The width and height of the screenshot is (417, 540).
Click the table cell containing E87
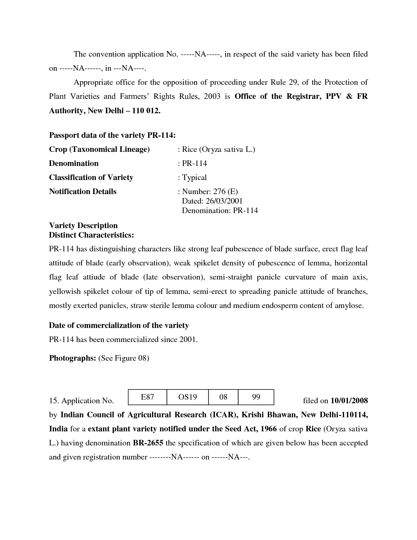148,397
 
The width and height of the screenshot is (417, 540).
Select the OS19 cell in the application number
187,397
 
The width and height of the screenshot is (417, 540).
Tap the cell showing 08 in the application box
223,397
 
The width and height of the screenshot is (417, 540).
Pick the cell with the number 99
256,397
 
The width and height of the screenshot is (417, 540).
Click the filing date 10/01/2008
349,401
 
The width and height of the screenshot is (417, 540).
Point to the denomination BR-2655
148,443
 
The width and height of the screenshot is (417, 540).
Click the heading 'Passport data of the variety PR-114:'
112,135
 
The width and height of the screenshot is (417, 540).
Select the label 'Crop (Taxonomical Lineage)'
99,150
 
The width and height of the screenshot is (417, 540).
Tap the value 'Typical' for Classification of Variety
194,178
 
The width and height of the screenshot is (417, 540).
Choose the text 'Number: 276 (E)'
210,191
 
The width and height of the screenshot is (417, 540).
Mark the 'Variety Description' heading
83,225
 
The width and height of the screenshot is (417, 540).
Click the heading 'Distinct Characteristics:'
91,235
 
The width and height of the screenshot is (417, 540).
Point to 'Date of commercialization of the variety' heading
119,325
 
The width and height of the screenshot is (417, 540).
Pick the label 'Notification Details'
82,191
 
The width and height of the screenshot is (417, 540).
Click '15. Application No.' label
81,401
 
